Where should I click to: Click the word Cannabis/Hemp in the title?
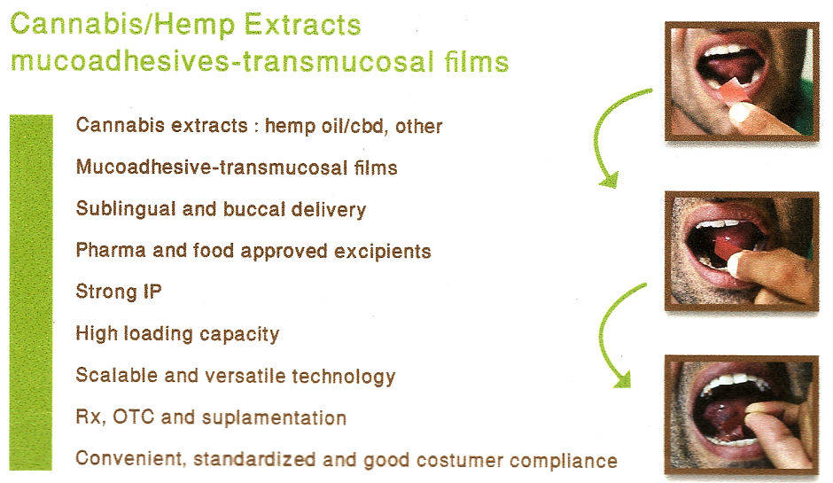[x=122, y=26]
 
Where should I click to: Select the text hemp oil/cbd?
[x=325, y=126]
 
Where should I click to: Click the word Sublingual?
[x=126, y=209]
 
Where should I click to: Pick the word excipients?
[x=383, y=251]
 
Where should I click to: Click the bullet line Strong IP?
[x=119, y=292]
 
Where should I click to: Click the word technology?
[x=344, y=376]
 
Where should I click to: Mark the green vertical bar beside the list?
[x=31, y=292]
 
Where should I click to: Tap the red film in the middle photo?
[x=727, y=246]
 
